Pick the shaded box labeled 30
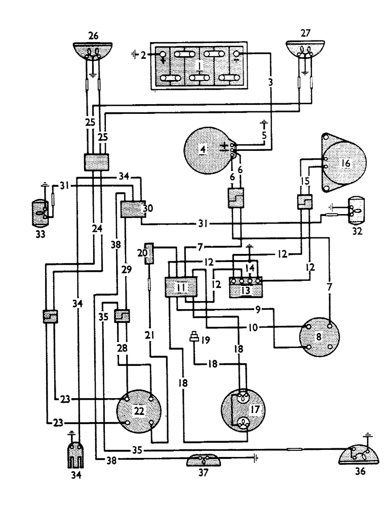pyautogui.click(x=130, y=208)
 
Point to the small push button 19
pyautogui.click(x=193, y=336)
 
